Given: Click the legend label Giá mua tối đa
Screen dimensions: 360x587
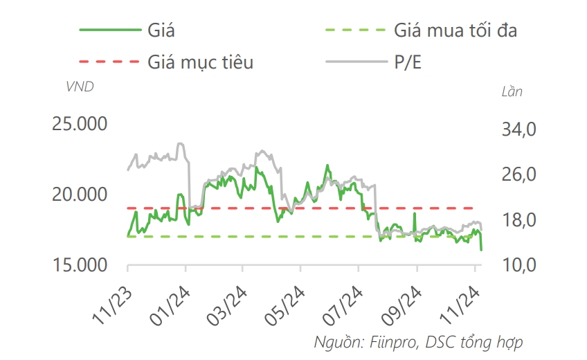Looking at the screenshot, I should click(x=455, y=30).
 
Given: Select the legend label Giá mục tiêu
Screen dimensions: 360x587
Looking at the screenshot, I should click(x=201, y=62).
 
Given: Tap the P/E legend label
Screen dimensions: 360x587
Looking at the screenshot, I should click(x=408, y=62).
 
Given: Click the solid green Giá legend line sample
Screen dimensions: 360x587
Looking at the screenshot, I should click(x=110, y=30).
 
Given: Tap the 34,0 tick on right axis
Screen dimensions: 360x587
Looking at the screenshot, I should click(x=518, y=129).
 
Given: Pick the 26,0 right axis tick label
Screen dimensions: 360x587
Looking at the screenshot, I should click(x=518, y=174).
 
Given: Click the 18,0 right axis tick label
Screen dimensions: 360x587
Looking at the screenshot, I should click(x=518, y=220).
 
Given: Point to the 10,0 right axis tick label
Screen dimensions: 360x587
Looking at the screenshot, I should click(x=518, y=265).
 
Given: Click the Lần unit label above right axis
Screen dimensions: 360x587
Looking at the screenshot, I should click(x=512, y=91).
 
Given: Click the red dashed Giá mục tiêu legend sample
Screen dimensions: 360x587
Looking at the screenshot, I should click(x=110, y=62).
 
